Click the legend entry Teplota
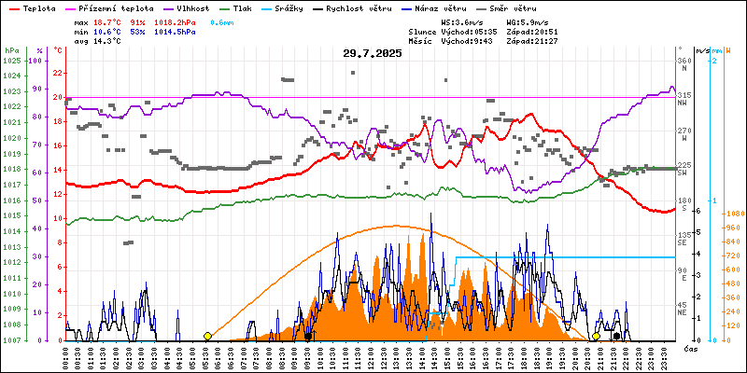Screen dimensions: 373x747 (38, 7)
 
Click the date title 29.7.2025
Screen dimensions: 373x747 (372, 53)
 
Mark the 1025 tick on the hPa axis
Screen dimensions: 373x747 (11, 61)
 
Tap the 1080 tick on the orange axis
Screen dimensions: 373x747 (733, 213)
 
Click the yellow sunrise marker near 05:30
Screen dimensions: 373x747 (207, 336)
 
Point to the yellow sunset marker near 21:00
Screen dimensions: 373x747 (597, 336)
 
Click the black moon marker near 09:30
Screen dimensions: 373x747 (308, 336)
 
